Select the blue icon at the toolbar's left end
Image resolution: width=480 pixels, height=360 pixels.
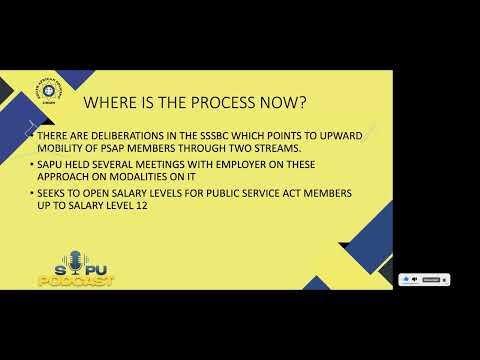click(x=405, y=279)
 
